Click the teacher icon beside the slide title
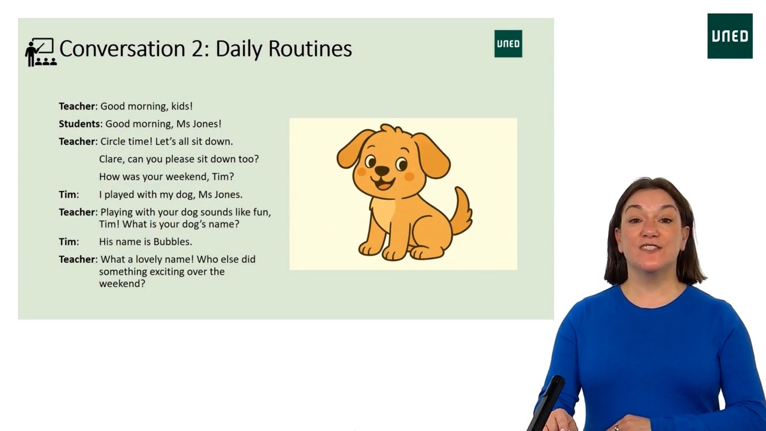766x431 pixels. click(41, 51)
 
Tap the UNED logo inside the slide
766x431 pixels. click(508, 44)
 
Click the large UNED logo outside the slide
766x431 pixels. click(729, 36)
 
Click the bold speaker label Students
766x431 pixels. click(79, 124)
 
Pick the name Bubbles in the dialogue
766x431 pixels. click(172, 242)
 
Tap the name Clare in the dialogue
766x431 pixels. click(111, 159)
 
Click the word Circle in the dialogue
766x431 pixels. click(113, 142)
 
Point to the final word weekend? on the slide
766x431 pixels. click(122, 284)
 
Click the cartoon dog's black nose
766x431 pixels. click(382, 171)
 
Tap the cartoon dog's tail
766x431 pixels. click(462, 212)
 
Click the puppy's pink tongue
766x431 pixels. click(383, 184)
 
